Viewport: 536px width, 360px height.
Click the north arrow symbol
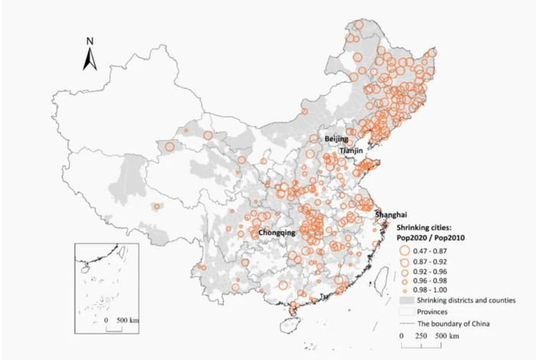[x=90, y=58]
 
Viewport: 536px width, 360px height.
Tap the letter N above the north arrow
[x=90, y=41]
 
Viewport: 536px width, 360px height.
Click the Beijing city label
[x=335, y=139]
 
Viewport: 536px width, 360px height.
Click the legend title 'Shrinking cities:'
[x=424, y=228]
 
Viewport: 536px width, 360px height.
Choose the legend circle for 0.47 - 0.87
[x=404, y=250]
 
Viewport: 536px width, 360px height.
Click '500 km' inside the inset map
[x=126, y=319]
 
